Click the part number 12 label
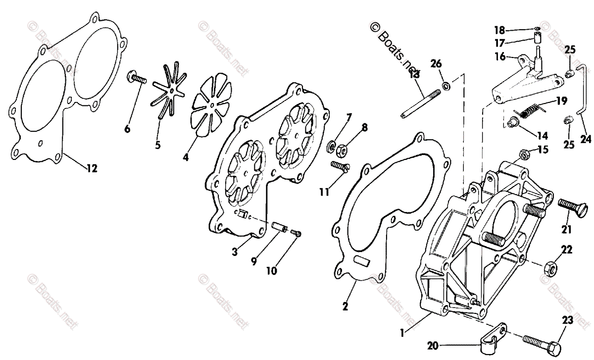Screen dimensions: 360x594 tap(91, 169)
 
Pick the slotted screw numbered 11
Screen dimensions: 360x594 tap(340, 166)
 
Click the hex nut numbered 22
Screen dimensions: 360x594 tap(549, 269)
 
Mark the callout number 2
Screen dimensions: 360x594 tap(345, 306)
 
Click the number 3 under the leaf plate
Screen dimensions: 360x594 tap(235, 252)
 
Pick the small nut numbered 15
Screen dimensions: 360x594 tap(524, 156)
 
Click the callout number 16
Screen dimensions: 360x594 tap(499, 57)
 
